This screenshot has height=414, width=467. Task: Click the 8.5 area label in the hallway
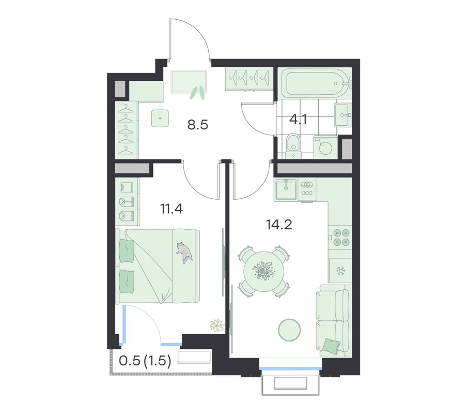[x=198, y=125]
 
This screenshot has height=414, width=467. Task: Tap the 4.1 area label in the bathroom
[x=298, y=120]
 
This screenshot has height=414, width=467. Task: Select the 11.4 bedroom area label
[x=172, y=209]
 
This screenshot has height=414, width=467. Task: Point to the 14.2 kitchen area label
[x=279, y=224]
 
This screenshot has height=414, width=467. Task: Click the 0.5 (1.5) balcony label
[x=145, y=361]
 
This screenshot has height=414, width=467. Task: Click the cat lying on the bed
[x=184, y=253]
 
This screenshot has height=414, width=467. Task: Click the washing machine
[x=325, y=147]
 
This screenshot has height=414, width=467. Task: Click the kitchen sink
[x=286, y=189]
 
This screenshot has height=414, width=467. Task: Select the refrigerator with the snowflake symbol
[x=340, y=271]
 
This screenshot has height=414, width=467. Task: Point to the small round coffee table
[x=289, y=330]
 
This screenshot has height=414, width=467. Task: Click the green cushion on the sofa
[x=331, y=345]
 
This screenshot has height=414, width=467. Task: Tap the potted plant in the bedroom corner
[x=217, y=326]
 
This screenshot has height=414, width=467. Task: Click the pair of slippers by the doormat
[x=198, y=92]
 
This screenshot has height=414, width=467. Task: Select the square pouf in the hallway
[x=160, y=118]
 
